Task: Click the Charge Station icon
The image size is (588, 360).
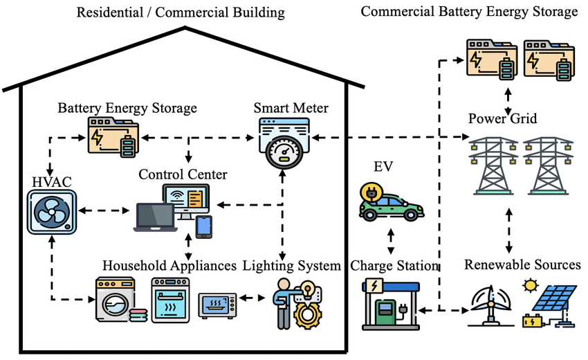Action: click(x=388, y=302)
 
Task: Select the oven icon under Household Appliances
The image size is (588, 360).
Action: click(x=170, y=300)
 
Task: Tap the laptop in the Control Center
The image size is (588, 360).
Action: click(x=154, y=217)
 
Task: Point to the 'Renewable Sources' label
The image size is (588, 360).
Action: click(x=522, y=265)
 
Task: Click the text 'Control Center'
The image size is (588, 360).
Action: click(x=182, y=172)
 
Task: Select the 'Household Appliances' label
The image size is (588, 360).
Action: click(x=169, y=266)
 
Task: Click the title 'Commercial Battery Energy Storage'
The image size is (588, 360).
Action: click(x=469, y=12)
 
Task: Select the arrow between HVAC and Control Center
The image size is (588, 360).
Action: click(x=105, y=208)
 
